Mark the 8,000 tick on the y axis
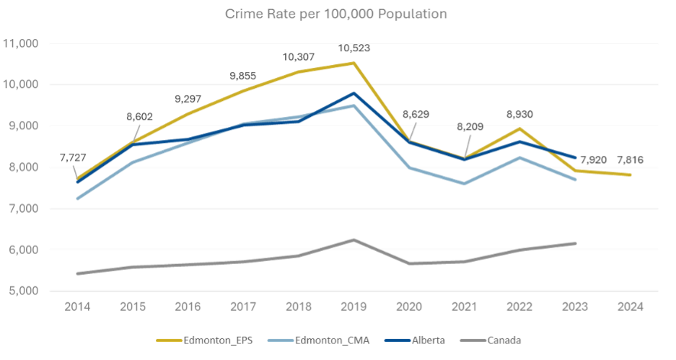tap(25, 167)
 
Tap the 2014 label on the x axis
tap(77, 306)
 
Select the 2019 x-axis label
tap(354, 306)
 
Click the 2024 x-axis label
tap(631, 306)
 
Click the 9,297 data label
tap(188, 100)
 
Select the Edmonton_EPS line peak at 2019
tap(354, 63)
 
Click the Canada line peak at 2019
tap(354, 239)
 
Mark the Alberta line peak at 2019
tap(354, 93)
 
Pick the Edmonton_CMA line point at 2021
tap(464, 184)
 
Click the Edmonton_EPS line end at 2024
tap(631, 175)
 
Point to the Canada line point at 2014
tap(77, 273)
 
